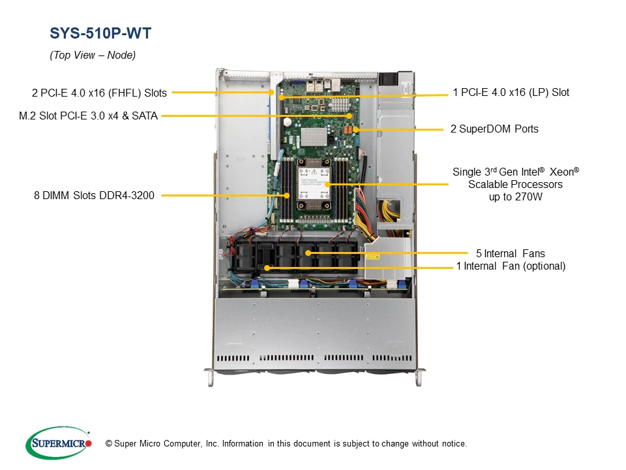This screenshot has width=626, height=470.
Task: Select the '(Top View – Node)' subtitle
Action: pyautogui.click(x=93, y=55)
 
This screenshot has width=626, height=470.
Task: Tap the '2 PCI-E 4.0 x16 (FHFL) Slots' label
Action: pyautogui.click(x=99, y=93)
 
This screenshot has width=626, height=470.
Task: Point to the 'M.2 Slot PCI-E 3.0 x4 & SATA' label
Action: pyautogui.click(x=89, y=116)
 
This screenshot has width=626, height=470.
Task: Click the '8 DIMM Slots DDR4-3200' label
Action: pyautogui.click(x=94, y=195)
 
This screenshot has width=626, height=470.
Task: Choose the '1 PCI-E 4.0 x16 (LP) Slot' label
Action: pyautogui.click(x=511, y=93)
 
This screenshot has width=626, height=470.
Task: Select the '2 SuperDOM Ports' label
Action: pyautogui.click(x=494, y=129)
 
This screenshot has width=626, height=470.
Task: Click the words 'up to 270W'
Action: pyautogui.click(x=515, y=196)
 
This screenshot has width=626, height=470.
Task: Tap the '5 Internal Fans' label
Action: pyautogui.click(x=510, y=253)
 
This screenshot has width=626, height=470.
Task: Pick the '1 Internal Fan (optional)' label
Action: pyautogui.click(x=511, y=266)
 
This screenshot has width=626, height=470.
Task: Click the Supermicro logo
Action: pyautogui.click(x=58, y=444)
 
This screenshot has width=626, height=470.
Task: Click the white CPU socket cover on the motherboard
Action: pyautogui.click(x=312, y=182)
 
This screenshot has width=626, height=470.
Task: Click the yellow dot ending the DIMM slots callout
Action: pyautogui.click(x=287, y=195)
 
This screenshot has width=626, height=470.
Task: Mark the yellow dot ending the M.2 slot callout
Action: pyautogui.click(x=350, y=116)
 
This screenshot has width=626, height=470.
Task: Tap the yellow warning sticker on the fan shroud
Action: pyautogui.click(x=372, y=257)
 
